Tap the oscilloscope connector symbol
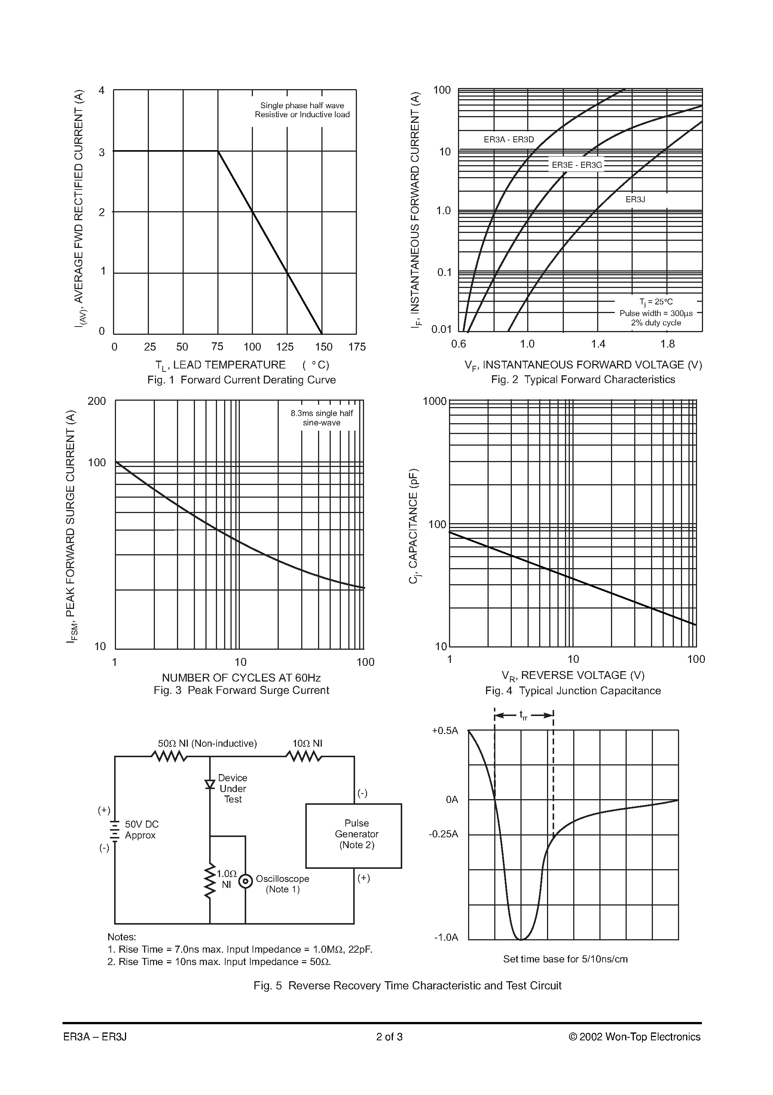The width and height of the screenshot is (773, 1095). click(245, 881)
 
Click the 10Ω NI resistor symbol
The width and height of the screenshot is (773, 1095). click(303, 756)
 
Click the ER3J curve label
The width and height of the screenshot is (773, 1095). click(635, 199)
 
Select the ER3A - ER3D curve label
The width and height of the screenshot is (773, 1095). click(508, 140)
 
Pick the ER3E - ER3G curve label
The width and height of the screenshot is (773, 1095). click(577, 166)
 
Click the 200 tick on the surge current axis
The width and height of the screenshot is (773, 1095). click(97, 401)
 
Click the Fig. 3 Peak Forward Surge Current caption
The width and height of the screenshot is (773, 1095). click(241, 691)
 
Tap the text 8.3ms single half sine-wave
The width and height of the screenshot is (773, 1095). click(322, 418)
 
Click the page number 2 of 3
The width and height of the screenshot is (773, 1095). click(389, 1037)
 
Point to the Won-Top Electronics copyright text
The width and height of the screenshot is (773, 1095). click(634, 1037)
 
